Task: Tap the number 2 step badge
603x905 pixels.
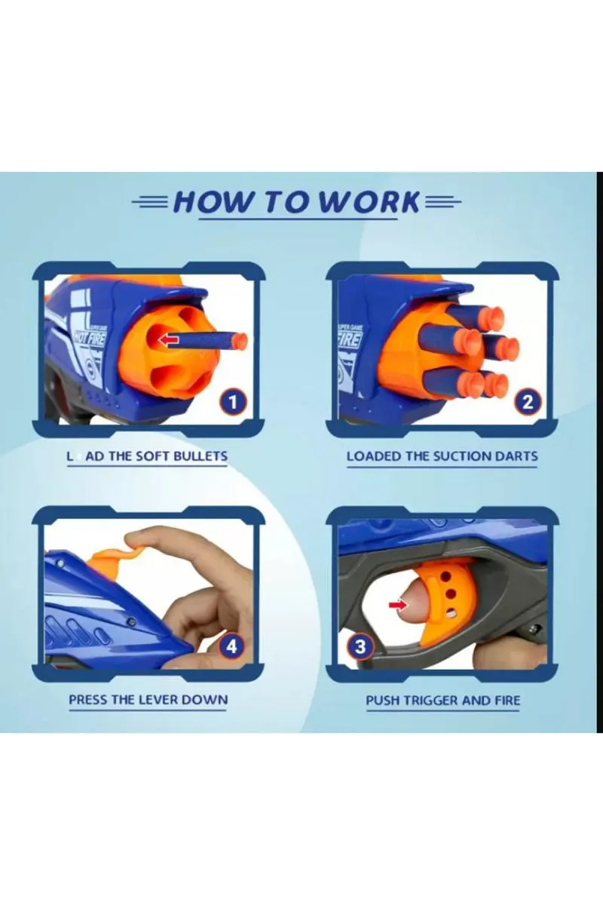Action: coord(528,402)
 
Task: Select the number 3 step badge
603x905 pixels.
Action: coord(361,646)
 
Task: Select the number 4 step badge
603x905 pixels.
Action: coord(232,646)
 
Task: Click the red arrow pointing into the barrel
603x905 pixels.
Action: coord(169,340)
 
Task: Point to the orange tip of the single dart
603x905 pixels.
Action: coord(239,341)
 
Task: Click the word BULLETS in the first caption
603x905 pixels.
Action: coord(200,456)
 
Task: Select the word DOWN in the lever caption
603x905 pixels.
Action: coord(206,699)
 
